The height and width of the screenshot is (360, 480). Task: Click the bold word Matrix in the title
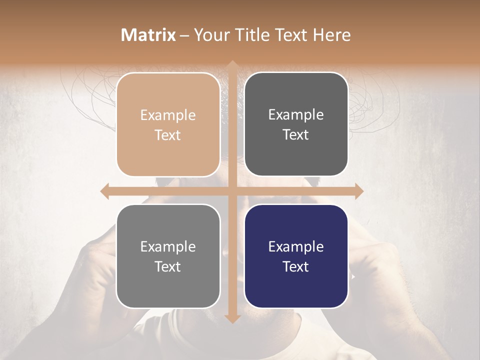pyautogui.click(x=148, y=35)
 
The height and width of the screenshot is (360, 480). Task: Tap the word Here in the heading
pyautogui.click(x=331, y=35)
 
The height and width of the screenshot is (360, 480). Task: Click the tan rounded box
pyautogui.click(x=168, y=124)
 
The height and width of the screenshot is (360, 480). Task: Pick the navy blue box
pyautogui.click(x=296, y=256)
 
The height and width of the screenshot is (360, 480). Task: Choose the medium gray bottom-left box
pyautogui.click(x=168, y=256)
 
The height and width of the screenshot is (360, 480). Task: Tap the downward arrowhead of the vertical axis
pyautogui.click(x=232, y=318)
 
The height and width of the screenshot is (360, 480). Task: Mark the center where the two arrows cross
pyautogui.click(x=232, y=191)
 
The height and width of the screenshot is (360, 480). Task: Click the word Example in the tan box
pyautogui.click(x=168, y=115)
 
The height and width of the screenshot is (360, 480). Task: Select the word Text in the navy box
pyautogui.click(x=296, y=266)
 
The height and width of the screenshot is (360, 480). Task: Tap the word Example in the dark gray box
pyautogui.click(x=296, y=114)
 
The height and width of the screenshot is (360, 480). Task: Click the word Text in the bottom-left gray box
pyautogui.click(x=168, y=266)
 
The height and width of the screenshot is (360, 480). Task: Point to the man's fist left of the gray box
pyautogui.click(x=97, y=265)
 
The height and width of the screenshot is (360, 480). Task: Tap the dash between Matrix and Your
pyautogui.click(x=184, y=35)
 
